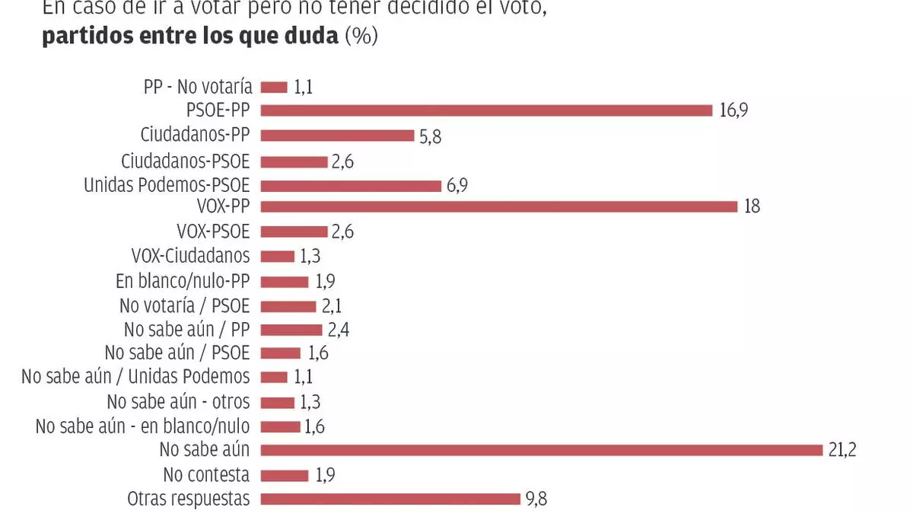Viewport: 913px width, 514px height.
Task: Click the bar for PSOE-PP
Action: (487, 111)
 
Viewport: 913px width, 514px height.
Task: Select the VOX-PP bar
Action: (499, 206)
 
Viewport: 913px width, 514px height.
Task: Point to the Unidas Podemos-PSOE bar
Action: (351, 185)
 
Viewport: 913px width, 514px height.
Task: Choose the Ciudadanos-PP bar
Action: (337, 136)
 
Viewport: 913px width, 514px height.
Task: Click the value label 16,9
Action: (733, 111)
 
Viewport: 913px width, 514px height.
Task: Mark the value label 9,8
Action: (536, 499)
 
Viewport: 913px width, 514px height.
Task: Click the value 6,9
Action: (456, 185)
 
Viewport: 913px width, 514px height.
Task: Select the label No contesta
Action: (206, 474)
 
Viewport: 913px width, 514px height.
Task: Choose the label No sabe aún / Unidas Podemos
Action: (135, 376)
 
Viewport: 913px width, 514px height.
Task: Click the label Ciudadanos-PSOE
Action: (186, 161)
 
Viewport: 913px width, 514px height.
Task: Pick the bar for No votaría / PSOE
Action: (288, 306)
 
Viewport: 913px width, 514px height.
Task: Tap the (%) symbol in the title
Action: (361, 37)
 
